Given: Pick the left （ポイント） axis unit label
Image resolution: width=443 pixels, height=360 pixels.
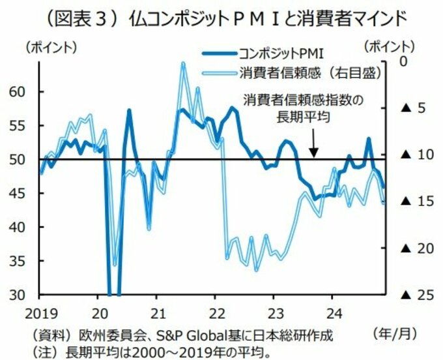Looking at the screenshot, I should tap(51, 47).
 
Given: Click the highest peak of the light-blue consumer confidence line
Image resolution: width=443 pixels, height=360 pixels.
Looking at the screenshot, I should tap(182, 63).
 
